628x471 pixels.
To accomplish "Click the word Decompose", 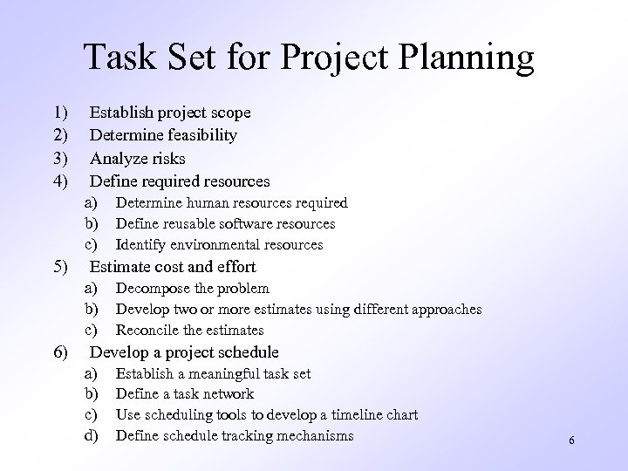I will coord(151,289).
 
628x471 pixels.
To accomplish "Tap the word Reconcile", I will coord(147,331).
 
